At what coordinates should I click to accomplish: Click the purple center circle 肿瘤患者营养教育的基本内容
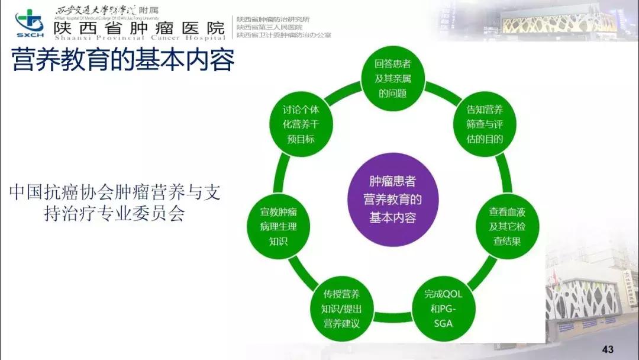pos(393,200)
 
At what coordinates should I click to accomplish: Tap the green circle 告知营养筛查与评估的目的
pos(485,124)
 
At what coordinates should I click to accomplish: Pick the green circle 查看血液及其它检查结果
pos(508,226)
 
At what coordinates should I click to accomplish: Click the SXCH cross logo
pos(30,22)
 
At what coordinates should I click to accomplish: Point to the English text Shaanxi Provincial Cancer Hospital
pos(139,38)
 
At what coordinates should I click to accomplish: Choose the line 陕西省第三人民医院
pos(269,27)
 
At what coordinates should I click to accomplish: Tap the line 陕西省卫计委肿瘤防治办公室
pos(283,35)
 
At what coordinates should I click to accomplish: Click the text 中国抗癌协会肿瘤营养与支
pos(115,193)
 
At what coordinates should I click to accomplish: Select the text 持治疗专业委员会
pos(115,214)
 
